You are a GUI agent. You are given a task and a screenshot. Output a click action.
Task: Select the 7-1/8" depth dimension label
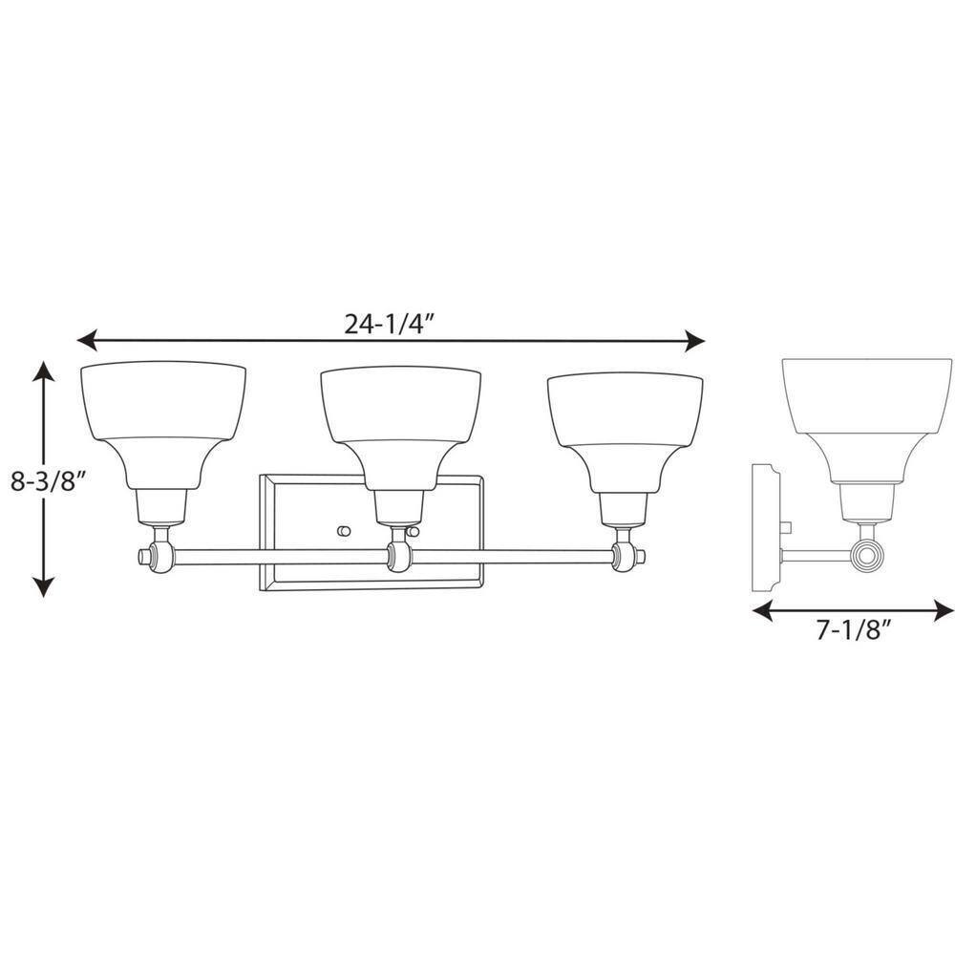(854, 631)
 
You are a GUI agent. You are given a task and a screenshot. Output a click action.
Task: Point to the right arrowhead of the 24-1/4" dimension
(694, 341)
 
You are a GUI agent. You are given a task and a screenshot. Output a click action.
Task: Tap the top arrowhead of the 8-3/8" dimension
(43, 371)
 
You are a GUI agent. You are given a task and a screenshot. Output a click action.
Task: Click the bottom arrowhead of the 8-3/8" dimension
(43, 586)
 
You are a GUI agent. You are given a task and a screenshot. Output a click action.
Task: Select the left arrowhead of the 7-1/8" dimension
(763, 610)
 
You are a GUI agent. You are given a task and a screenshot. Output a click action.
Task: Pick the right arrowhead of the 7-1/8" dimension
(944, 610)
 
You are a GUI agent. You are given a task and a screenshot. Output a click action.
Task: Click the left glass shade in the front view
(163, 425)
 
